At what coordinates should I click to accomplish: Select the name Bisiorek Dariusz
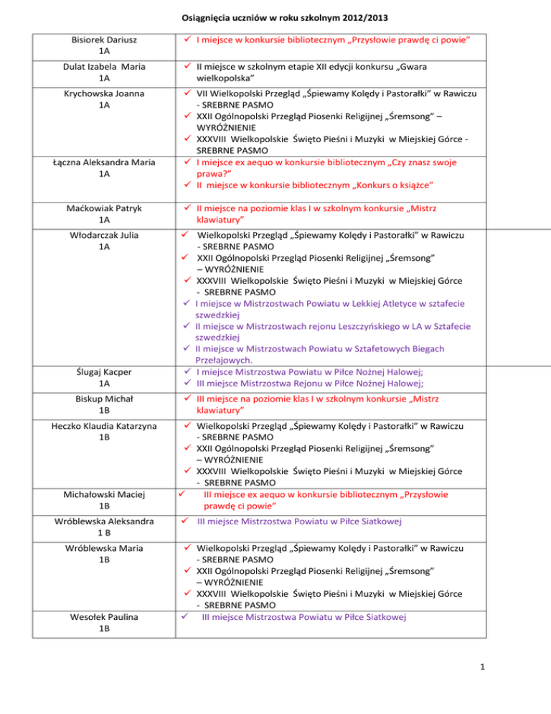point(105,40)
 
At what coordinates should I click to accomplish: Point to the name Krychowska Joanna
point(105,93)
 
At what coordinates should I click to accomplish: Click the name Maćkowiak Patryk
point(105,208)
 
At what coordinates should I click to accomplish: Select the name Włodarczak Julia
point(105,235)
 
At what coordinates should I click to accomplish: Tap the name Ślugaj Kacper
point(105,372)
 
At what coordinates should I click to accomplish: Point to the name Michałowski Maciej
point(105,495)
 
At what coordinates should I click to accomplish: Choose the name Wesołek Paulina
point(105,617)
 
